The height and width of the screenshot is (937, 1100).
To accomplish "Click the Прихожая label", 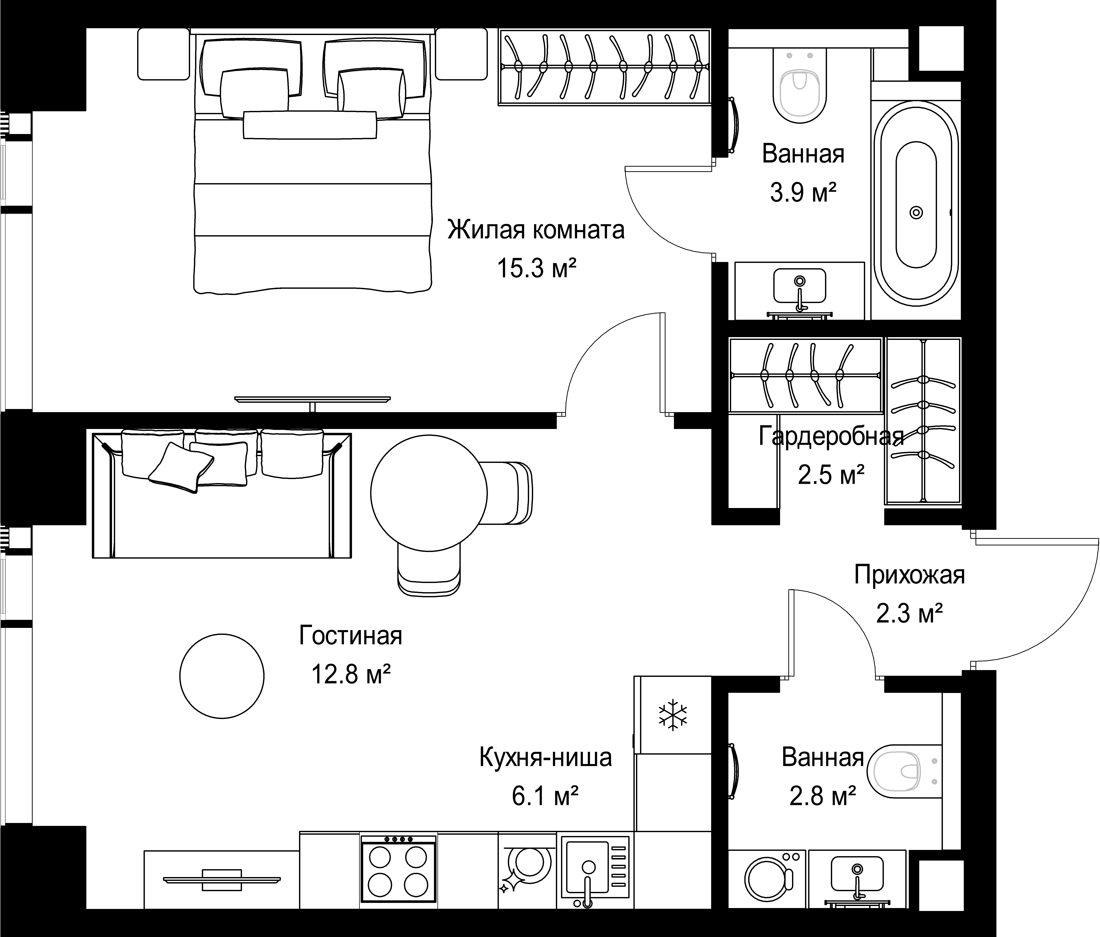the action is (909, 575).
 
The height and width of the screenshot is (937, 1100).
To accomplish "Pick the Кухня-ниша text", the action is (545, 758).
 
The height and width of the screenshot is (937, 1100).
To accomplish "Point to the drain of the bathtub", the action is (916, 212).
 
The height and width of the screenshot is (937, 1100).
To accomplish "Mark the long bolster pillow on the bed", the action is (310, 125).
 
